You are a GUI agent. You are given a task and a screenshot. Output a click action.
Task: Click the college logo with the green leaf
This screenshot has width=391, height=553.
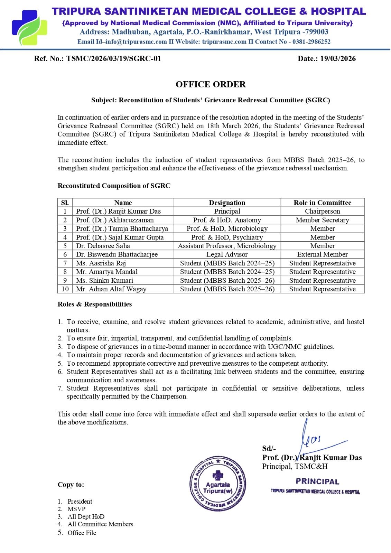point(29,28)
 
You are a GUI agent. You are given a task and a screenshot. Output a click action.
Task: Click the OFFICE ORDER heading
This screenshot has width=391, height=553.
point(211,84)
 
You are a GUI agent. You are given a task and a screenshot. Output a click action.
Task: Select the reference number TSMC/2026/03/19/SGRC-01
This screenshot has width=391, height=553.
point(114,58)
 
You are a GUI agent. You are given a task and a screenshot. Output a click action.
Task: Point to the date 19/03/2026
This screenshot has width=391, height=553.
point(338,58)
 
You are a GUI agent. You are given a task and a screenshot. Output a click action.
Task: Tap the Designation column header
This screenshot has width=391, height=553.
point(227,203)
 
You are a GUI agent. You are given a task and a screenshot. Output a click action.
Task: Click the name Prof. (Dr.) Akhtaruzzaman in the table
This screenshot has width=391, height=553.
point(115,220)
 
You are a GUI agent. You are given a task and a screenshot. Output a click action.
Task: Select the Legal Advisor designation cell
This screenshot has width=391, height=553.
point(227,254)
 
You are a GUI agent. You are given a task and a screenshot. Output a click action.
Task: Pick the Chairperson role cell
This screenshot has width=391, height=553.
point(322,211)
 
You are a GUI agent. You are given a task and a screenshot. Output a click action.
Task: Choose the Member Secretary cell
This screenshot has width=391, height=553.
point(322,220)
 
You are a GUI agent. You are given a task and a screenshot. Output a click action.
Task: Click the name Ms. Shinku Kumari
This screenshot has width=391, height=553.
point(104,280)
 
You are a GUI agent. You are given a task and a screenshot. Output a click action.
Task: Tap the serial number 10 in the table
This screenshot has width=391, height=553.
point(65,289)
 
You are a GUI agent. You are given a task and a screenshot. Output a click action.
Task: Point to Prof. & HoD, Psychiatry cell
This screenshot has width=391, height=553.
point(227,237)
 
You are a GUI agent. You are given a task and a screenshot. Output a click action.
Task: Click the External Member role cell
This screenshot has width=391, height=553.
point(322,254)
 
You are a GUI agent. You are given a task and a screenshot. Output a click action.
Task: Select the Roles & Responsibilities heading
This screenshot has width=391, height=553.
point(94,304)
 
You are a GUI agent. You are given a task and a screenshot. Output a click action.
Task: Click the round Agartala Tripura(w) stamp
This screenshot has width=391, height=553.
point(217,484)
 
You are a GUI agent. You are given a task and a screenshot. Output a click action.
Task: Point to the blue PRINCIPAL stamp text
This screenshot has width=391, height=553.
point(317,481)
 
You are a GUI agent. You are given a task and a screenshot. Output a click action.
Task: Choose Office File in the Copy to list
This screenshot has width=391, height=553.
point(82,533)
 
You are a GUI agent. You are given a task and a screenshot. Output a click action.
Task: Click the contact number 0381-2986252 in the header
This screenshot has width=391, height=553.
point(311,42)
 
